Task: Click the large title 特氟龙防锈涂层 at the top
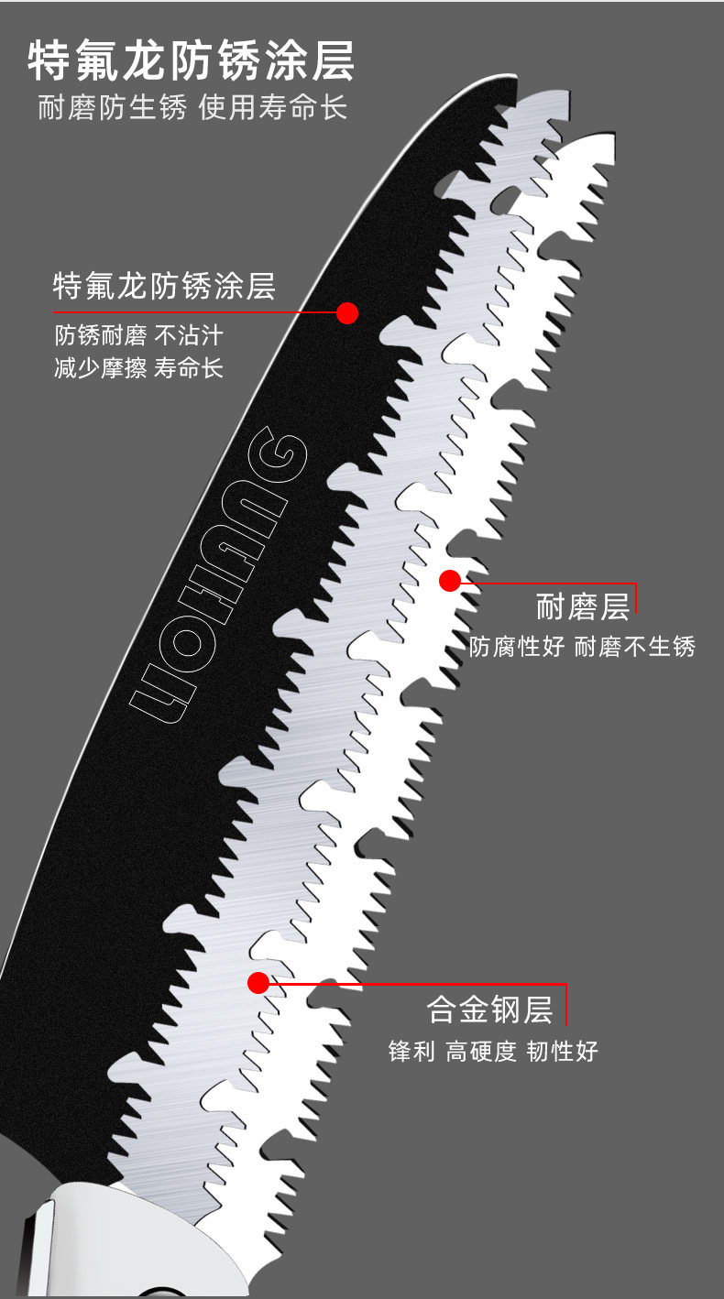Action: [191, 62]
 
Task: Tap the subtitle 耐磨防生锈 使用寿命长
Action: [192, 108]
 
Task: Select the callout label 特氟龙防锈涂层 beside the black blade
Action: [165, 286]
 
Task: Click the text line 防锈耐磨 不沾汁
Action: [138, 334]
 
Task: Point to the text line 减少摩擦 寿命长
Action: [138, 368]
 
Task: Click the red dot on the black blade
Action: [346, 312]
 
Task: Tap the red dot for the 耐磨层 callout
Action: [449, 580]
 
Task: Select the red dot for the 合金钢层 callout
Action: [258, 983]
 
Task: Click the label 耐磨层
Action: [583, 607]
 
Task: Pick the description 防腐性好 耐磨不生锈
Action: [583, 647]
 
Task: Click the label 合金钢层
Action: [490, 1010]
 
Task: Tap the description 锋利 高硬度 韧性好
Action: [493, 1051]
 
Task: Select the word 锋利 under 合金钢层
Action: [411, 1051]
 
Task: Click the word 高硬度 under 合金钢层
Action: [482, 1051]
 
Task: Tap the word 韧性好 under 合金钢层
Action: [562, 1051]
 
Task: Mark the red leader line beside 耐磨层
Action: [550, 583]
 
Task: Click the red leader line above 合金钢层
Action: [412, 984]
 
